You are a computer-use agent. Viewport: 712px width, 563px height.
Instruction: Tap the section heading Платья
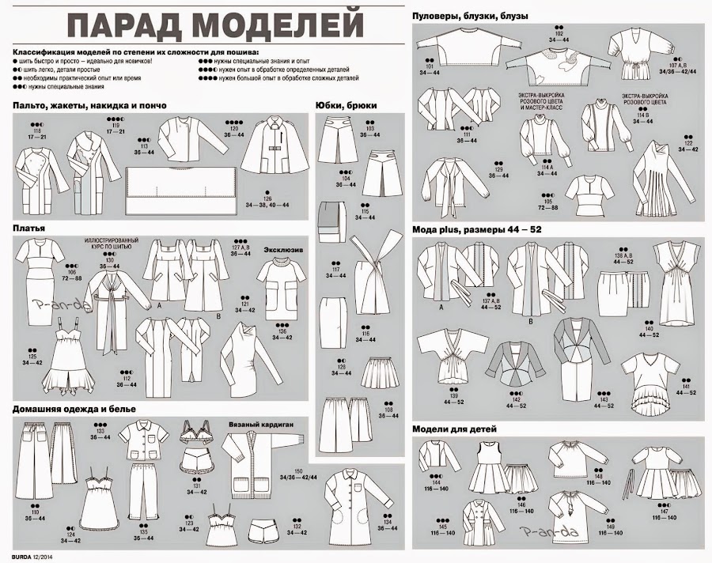pos(28,228)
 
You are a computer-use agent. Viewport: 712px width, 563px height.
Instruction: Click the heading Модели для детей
pos(454,429)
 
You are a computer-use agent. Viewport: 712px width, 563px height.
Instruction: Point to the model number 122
pos(687,143)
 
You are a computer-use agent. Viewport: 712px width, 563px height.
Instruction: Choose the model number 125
pos(32,357)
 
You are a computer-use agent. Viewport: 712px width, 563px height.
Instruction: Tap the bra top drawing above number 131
pos(197,433)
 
